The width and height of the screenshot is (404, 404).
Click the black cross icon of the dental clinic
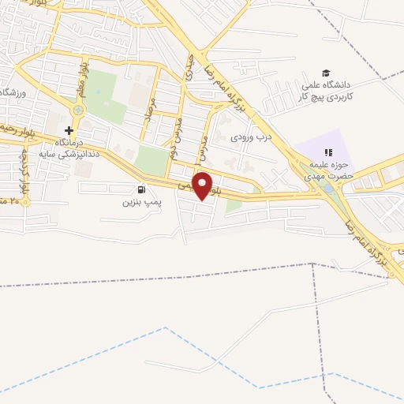coord(69,130)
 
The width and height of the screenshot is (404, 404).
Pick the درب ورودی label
coord(250,137)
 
